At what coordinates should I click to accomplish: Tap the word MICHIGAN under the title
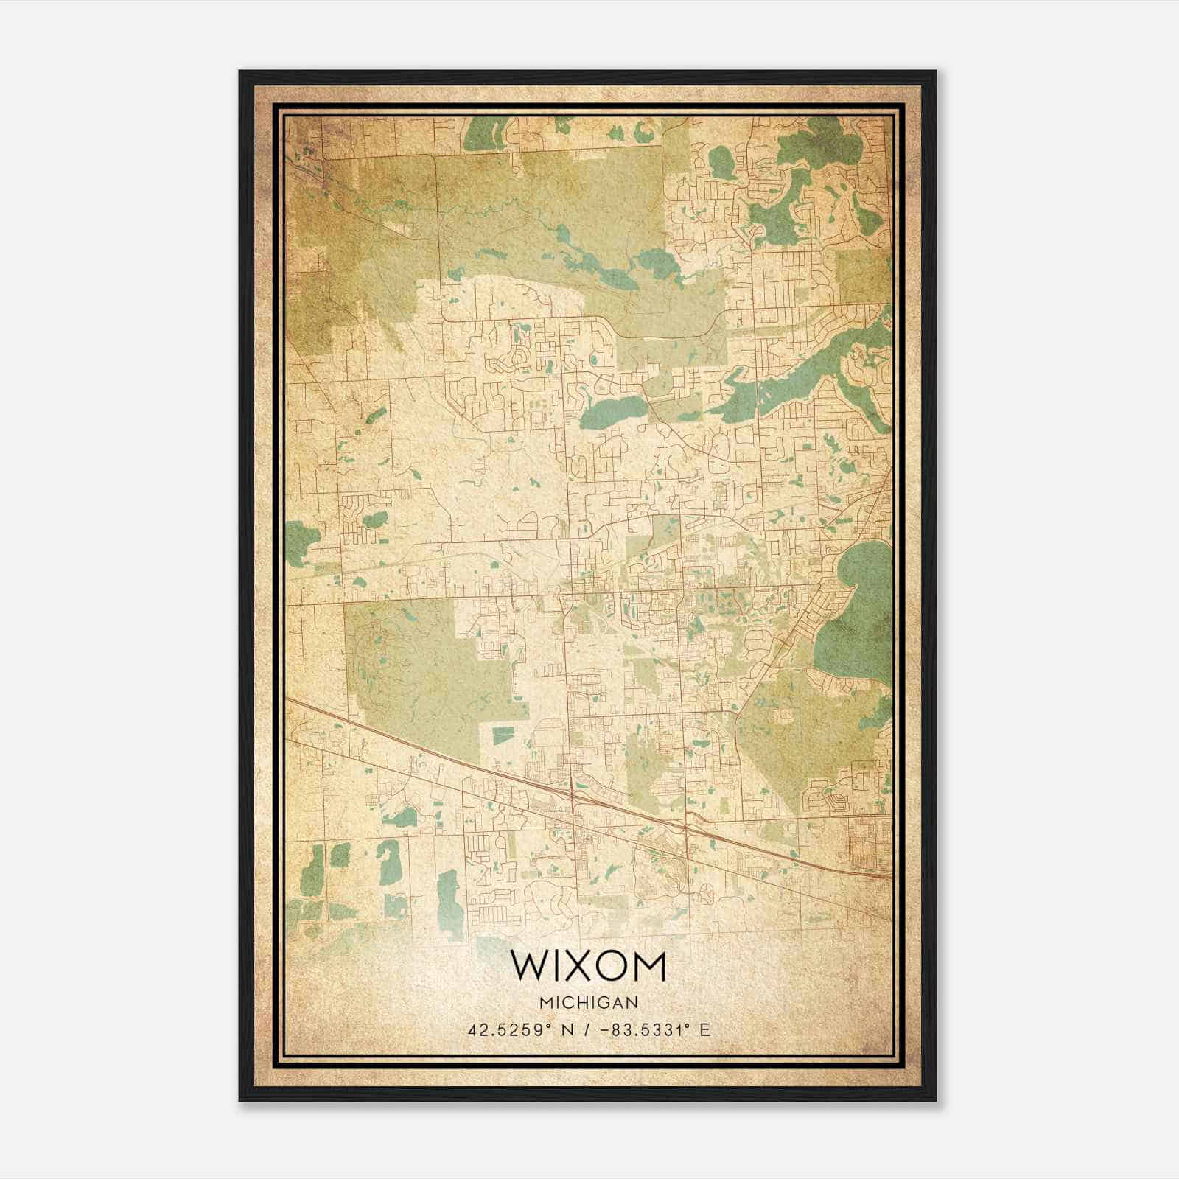point(588,1002)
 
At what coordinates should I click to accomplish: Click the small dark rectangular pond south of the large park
point(501,734)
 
